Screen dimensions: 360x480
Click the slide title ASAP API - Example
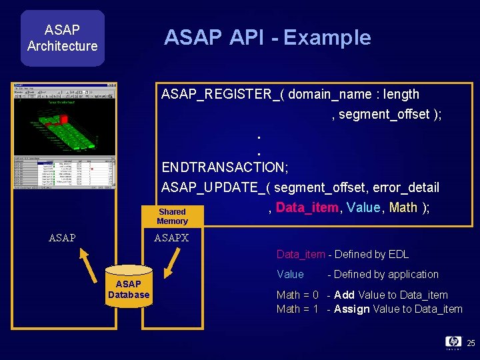(x=267, y=37)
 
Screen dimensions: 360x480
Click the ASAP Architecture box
(x=62, y=38)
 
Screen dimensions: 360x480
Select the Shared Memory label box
(x=172, y=216)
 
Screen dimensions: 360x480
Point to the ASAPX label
(x=171, y=238)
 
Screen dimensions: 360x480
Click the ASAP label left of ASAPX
(x=63, y=238)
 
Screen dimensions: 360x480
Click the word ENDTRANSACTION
(x=223, y=167)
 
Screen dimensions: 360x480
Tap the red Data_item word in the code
(x=307, y=207)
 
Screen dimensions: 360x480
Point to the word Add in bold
(x=344, y=295)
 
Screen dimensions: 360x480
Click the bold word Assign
(x=351, y=309)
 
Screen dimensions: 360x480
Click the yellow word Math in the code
(x=403, y=207)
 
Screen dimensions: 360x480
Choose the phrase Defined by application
(x=386, y=274)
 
